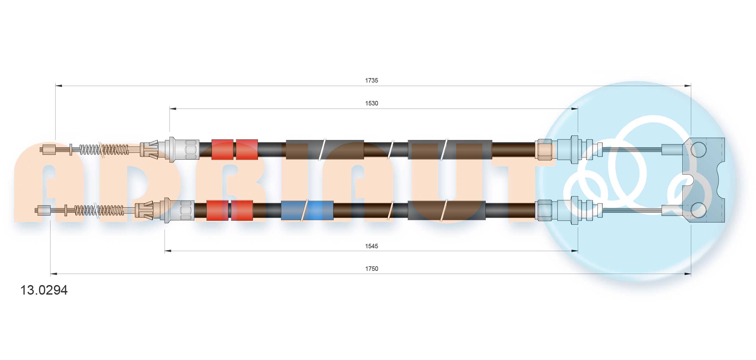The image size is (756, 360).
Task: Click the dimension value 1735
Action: point(371,81)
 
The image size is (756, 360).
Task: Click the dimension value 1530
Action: point(371,103)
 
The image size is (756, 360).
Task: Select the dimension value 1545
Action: point(371,246)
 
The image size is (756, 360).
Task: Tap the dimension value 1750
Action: point(371,269)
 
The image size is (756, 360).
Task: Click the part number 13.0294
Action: point(44,290)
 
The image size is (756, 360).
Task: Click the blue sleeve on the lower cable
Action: point(307,210)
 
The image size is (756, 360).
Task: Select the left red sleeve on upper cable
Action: point(222,150)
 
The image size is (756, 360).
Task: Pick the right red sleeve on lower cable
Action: point(242,210)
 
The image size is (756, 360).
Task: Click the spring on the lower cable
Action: point(99,210)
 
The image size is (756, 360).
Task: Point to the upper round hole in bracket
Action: point(699,149)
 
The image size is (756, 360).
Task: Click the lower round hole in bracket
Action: point(699,210)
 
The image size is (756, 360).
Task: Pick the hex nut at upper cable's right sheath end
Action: point(544,150)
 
